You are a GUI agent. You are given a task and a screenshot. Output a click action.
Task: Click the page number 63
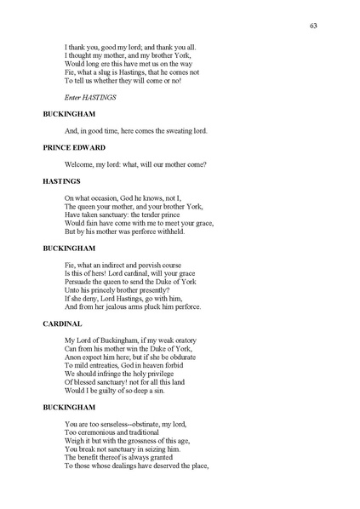pos(314,26)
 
